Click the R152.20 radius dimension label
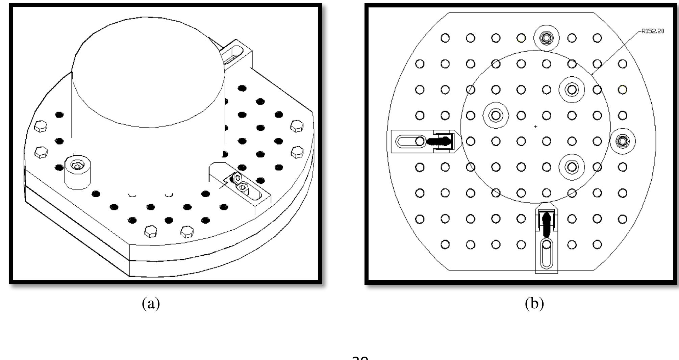[652, 31]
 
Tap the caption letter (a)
[151, 304]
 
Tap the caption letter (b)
[534, 304]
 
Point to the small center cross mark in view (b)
[535, 127]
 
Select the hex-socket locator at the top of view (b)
[546, 37]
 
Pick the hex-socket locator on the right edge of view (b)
[623, 141]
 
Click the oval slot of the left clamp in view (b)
[407, 141]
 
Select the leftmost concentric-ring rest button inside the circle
[496, 115]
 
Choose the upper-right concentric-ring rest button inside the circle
[572, 89]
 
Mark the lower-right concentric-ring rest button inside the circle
[572, 166]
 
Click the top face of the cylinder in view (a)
[149, 71]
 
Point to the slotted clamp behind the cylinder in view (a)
[236, 54]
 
